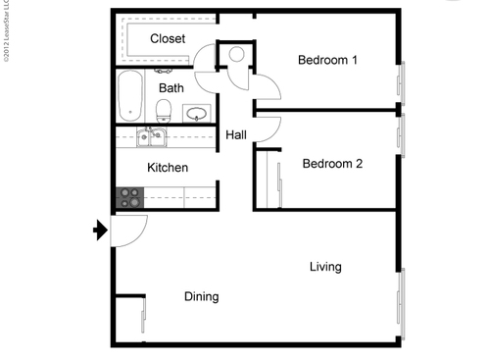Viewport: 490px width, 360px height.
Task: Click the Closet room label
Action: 169,38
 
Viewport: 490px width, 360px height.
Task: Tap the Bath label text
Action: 171,88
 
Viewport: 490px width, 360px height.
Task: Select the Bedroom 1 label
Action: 327,61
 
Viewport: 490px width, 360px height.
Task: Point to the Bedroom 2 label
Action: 332,164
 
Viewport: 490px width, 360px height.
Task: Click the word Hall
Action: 236,135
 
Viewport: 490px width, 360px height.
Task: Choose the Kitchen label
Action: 168,168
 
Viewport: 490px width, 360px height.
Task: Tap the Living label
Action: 325,267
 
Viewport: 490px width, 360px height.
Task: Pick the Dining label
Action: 201,296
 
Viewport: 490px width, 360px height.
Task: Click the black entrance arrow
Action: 99,231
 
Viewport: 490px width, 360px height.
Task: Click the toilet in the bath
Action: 166,109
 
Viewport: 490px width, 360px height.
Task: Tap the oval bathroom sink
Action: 198,113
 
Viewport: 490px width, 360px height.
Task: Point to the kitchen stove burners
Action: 129,198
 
